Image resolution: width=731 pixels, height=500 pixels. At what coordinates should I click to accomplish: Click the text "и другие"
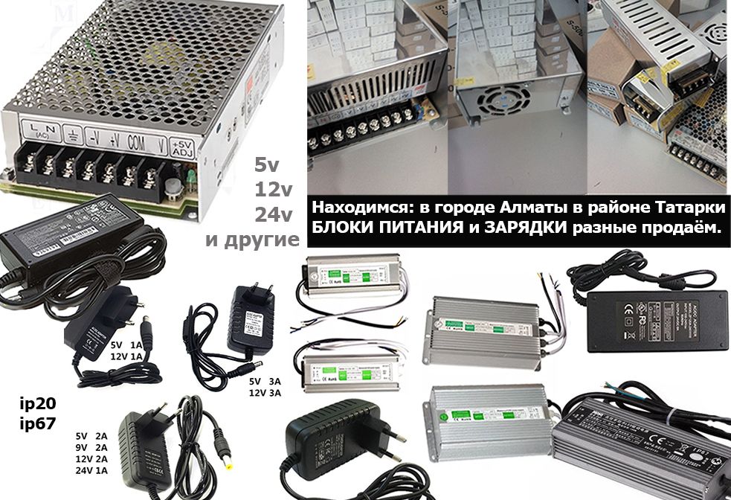[x=253, y=240]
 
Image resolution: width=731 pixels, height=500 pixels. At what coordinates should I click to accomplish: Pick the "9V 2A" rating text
[x=91, y=447]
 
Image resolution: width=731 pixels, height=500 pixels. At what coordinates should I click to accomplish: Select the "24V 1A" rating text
[x=91, y=471]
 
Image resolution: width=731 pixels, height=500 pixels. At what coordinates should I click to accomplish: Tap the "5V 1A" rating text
[x=126, y=344]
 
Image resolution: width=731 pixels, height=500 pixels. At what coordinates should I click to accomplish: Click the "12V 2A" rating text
[x=91, y=459]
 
